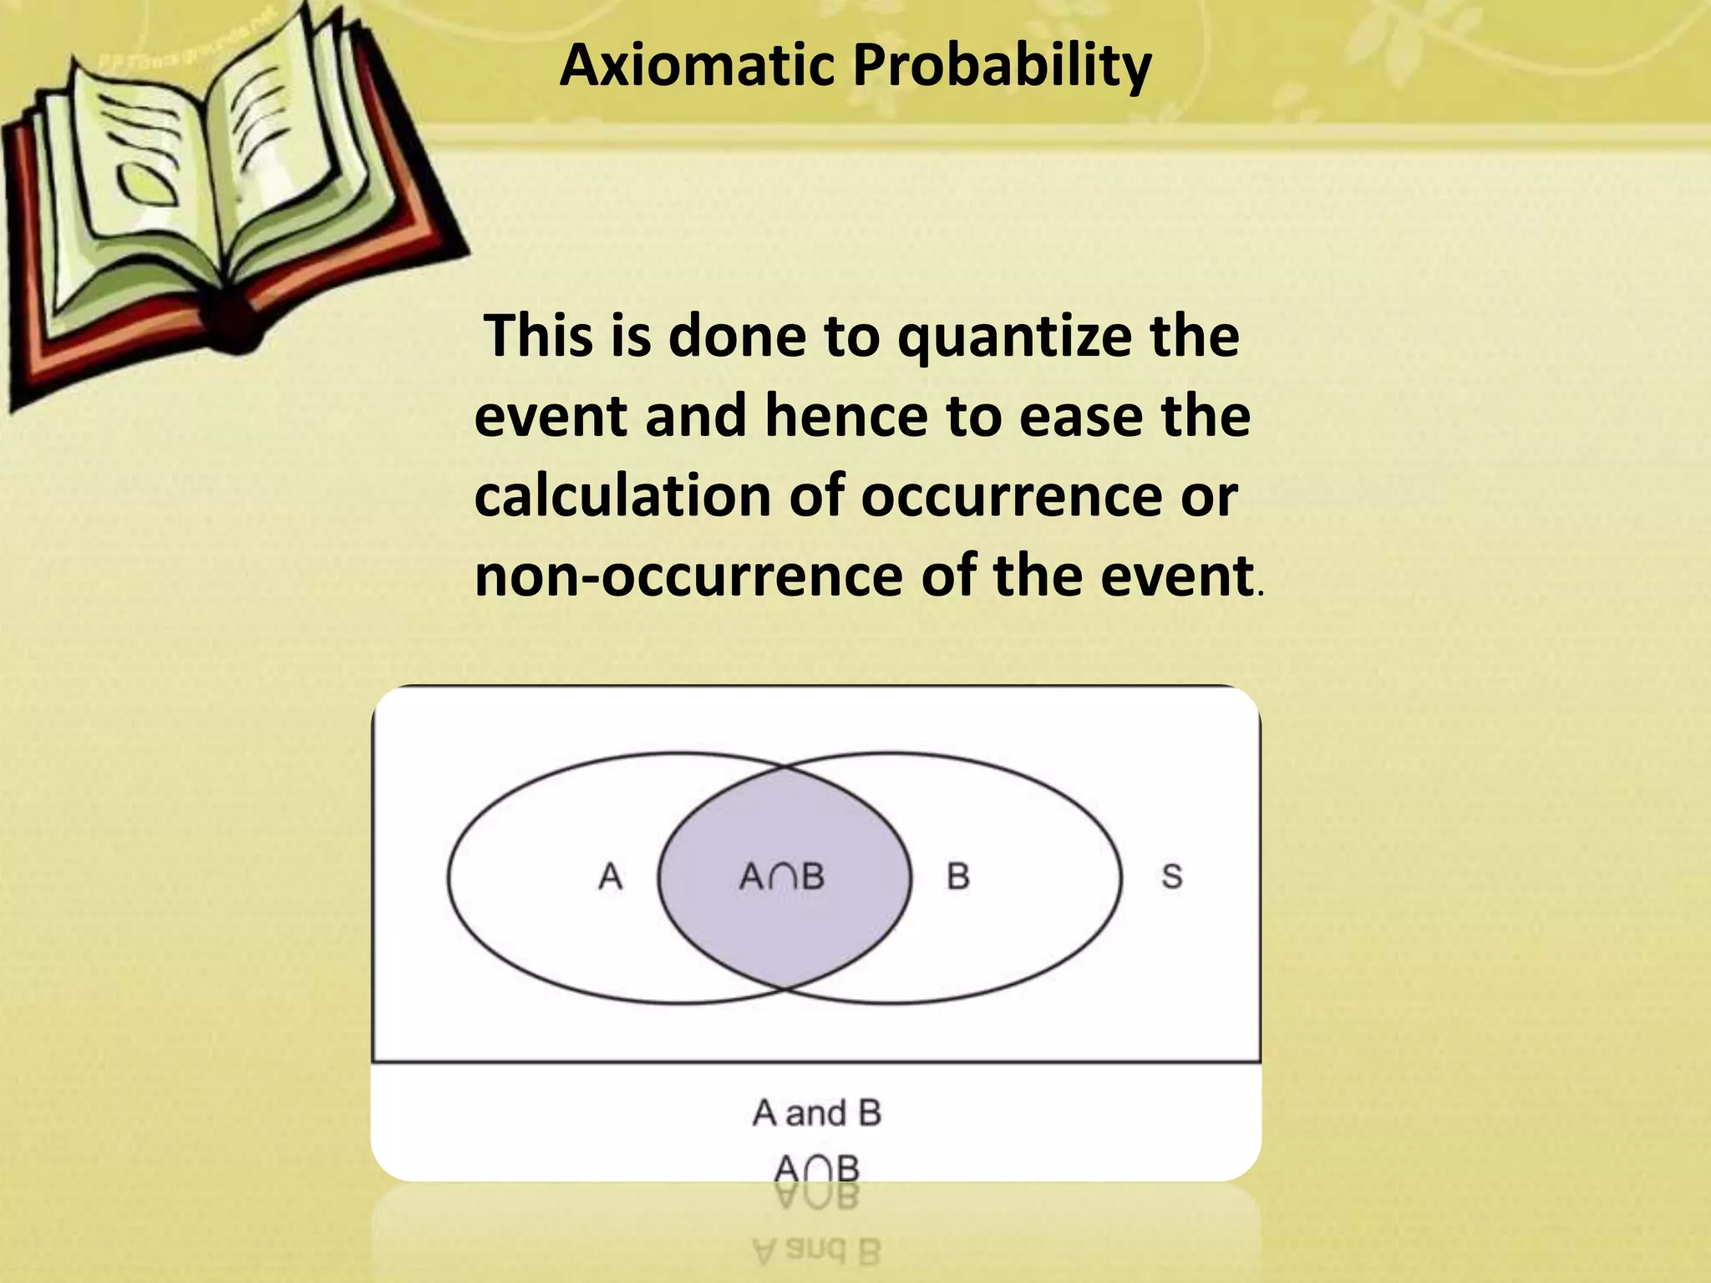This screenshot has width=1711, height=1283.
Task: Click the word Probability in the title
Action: coord(1002,67)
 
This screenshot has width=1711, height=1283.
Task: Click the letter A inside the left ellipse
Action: coord(611,877)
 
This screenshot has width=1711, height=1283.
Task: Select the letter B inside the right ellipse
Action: coord(958,877)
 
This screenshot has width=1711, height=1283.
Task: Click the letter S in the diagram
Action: coord(1172,877)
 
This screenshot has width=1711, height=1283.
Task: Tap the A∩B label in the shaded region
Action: coord(782,877)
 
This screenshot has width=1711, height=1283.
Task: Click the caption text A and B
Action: coord(816,1113)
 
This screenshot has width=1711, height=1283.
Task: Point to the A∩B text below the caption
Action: coord(816,1168)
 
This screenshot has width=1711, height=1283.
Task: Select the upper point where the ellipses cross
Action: coord(784,767)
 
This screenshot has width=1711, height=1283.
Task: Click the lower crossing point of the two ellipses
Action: coord(784,989)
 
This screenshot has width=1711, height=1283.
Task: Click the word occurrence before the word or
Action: coord(1011,496)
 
